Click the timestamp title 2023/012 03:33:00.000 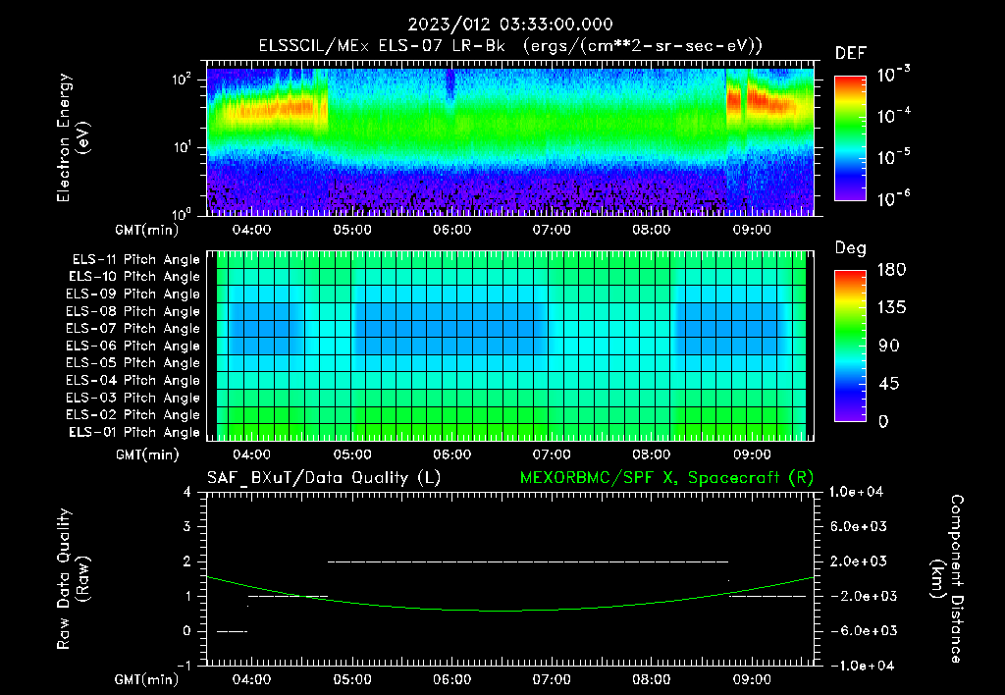click(x=502, y=25)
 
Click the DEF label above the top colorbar click(x=849, y=53)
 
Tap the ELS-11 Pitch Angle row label click(x=133, y=259)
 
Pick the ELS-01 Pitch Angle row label click(x=133, y=432)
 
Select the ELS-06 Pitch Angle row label click(x=133, y=346)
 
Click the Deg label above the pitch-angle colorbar click(x=849, y=248)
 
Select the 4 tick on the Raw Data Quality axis click(x=187, y=492)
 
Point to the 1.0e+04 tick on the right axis click(x=860, y=492)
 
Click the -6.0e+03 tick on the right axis click(x=860, y=630)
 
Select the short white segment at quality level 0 click(x=232, y=631)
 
